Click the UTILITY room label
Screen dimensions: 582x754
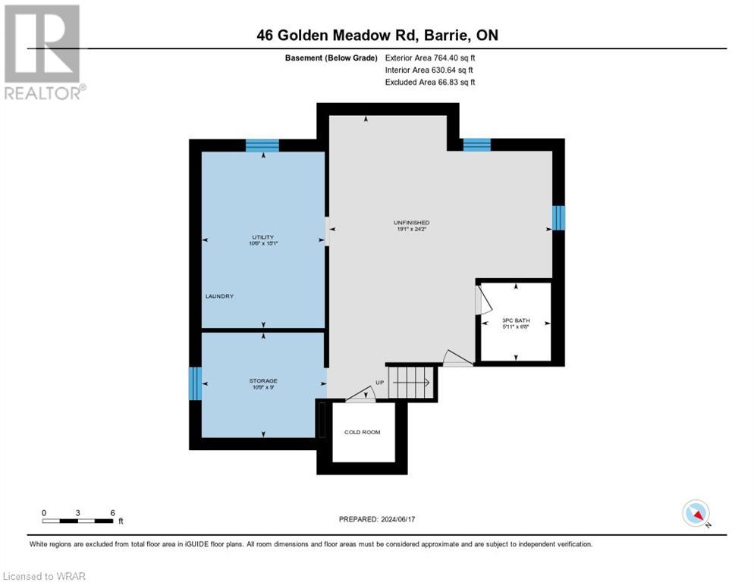pos(263,237)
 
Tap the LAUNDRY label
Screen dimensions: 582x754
pos(218,296)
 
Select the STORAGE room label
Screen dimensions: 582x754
pos(263,380)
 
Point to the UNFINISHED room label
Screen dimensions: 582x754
pos(411,222)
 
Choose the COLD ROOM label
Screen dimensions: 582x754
pos(363,432)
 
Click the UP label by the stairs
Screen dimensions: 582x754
pos(379,383)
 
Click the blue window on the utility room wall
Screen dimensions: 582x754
pos(263,145)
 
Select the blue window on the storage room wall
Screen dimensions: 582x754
pos(195,383)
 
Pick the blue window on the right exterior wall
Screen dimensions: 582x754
pos(558,217)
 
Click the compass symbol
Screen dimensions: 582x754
pos(696,513)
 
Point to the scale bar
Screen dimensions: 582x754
pos(78,521)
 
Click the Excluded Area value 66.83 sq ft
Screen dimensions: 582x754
pos(430,82)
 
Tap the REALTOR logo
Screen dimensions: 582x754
pos(43,52)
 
